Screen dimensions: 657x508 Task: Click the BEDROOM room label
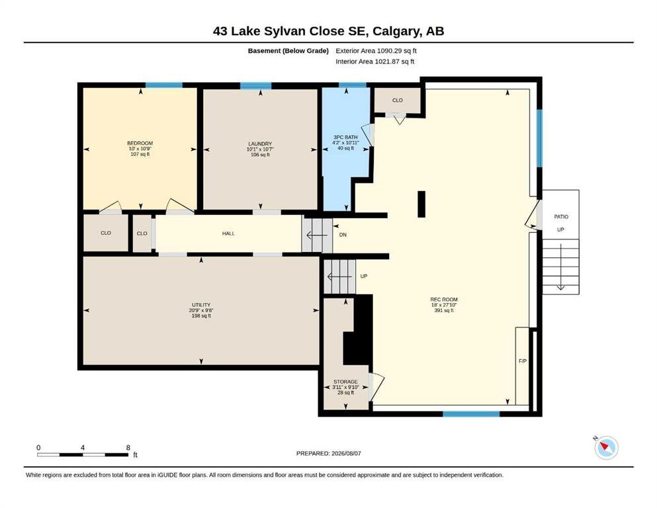point(140,144)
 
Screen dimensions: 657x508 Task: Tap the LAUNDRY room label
point(260,144)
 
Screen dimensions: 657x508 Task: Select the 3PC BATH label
point(345,137)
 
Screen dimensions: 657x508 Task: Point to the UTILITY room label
point(201,305)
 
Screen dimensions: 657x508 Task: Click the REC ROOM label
point(444,300)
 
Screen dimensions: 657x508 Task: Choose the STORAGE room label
point(345,382)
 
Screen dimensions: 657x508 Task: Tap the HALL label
point(228,233)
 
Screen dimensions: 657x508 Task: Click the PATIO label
point(561,216)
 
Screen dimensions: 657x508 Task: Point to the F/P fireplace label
point(523,361)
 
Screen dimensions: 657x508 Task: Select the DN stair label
point(343,235)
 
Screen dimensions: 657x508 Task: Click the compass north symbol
point(606,447)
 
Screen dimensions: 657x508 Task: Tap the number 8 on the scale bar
point(128,447)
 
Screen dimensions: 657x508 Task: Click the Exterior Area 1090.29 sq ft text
point(376,51)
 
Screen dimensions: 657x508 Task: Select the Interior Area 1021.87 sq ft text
point(375,61)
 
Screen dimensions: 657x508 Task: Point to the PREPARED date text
point(328,453)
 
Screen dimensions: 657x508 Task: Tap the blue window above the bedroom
point(164,85)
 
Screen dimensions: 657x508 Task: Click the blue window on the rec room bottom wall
point(471,414)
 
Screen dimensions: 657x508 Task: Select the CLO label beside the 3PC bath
point(397,100)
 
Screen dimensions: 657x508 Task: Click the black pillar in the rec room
point(421,204)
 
